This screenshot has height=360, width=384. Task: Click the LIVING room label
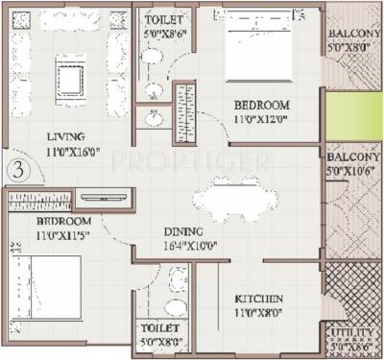62,137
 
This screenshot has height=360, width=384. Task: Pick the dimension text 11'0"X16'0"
63,151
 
